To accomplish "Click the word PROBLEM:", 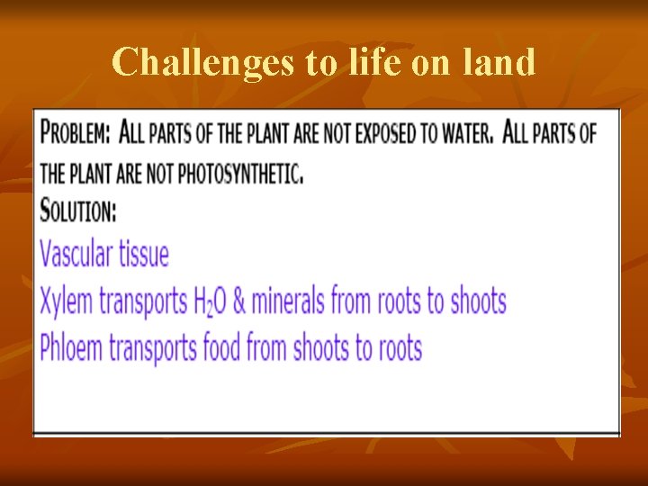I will click(x=76, y=134).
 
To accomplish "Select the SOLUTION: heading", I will click(x=78, y=211).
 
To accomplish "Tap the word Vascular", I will click(x=76, y=254).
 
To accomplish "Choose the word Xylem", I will click(x=67, y=301).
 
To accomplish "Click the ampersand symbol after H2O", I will click(x=239, y=301).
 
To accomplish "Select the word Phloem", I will click(x=72, y=347).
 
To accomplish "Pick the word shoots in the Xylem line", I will click(x=477, y=301).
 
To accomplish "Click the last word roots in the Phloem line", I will click(x=396, y=347).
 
